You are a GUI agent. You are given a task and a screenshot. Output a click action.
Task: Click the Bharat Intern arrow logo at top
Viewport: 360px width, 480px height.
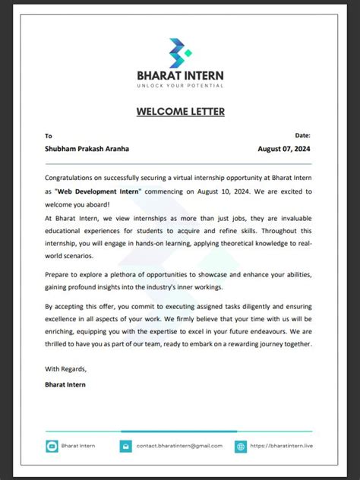tap(180, 53)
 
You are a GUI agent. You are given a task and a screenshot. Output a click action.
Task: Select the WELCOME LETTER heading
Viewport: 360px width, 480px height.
tap(180, 112)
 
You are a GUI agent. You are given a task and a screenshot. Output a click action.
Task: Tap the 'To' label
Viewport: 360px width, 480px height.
tap(49, 136)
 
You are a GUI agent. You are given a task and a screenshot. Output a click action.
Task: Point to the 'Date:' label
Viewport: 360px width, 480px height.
tap(302, 135)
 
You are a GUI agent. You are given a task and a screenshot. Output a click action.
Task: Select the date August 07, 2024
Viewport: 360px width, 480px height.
tap(285, 149)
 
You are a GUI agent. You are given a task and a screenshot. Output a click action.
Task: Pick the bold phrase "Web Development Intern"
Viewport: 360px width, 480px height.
tap(98, 191)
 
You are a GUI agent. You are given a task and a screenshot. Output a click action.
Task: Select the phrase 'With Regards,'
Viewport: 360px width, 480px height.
tap(65, 369)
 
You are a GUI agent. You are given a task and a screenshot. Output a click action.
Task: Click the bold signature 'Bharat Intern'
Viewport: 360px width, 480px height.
tap(65, 384)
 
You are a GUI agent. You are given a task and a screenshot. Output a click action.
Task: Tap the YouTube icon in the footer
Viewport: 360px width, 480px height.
tap(52, 447)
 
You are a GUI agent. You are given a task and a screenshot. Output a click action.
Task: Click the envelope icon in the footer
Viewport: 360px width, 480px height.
tap(125, 447)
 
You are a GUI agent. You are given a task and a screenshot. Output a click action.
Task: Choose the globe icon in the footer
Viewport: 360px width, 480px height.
tap(241, 447)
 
